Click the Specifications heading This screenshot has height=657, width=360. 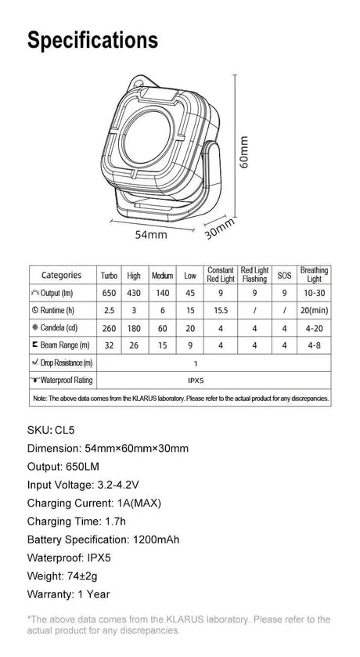coord(92,41)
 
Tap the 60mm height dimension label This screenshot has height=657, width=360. coord(243,152)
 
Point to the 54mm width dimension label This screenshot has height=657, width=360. coord(151,235)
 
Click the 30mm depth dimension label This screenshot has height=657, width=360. coord(220,229)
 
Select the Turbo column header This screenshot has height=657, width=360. coord(110,276)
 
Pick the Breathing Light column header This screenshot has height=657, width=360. coord(314,274)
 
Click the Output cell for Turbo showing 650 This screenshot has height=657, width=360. coord(110,293)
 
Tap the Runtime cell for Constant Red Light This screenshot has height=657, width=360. coord(221,310)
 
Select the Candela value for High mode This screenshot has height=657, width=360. coord(134,328)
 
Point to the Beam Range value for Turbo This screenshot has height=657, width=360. coord(110,345)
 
